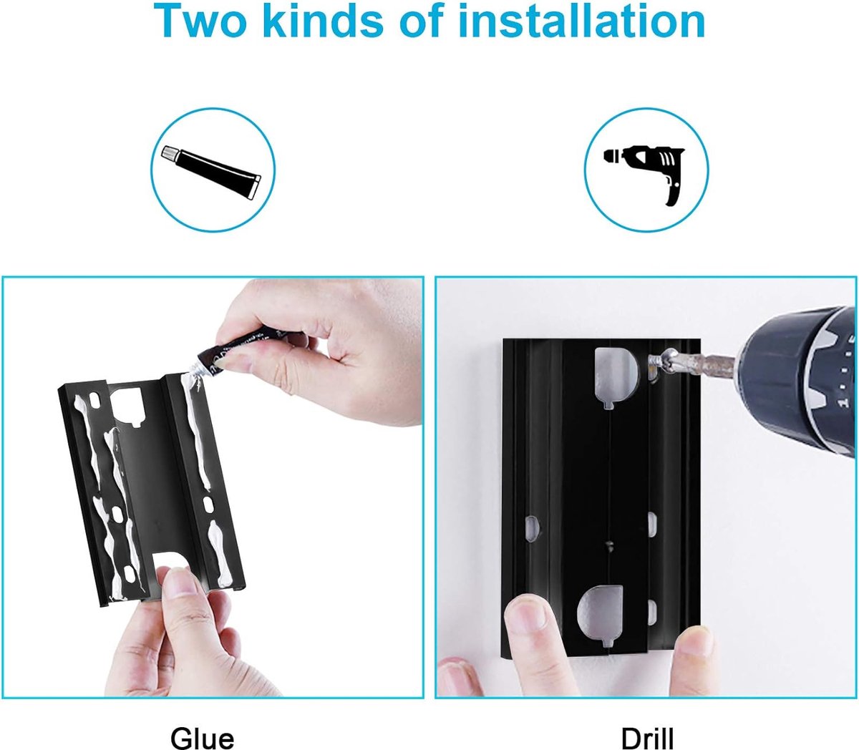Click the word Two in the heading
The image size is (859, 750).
pyautogui.click(x=200, y=20)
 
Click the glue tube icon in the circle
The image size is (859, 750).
pyautogui.click(x=212, y=171)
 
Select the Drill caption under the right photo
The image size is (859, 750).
pyautogui.click(x=647, y=737)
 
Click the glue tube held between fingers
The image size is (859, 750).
pyautogui.click(x=243, y=350)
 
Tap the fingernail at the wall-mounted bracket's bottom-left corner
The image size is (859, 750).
pyautogui.click(x=526, y=615)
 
